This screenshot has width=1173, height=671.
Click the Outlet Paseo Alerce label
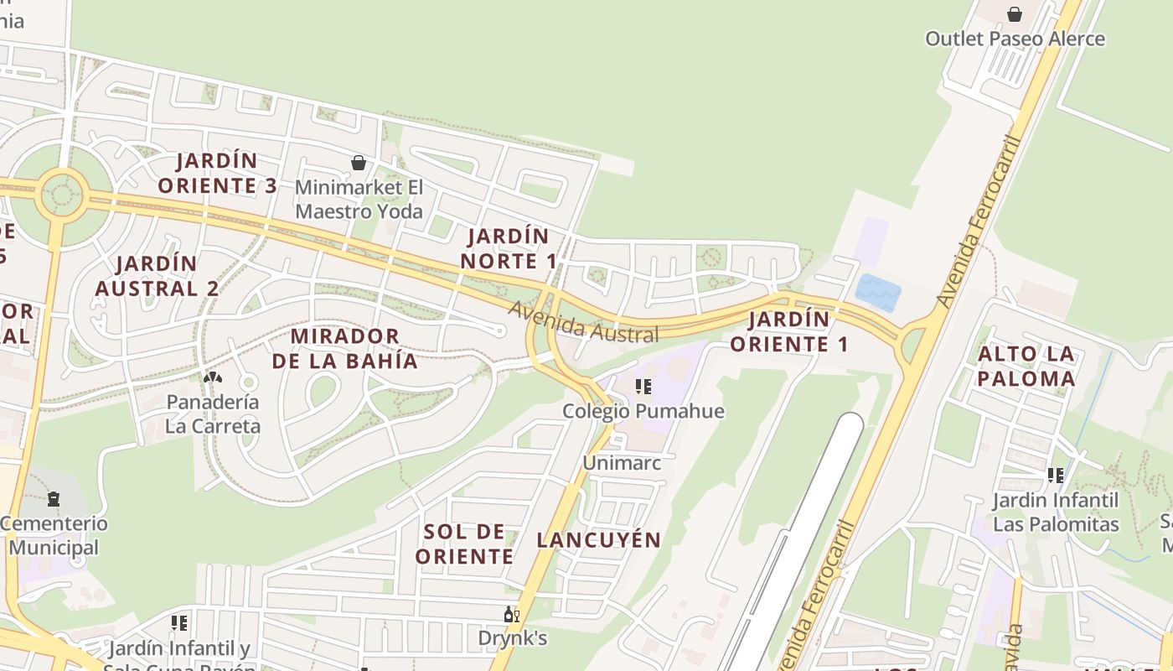tap(1015, 39)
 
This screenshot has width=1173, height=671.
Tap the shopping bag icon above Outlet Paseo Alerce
tap(1015, 14)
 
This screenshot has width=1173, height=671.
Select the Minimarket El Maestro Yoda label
tap(359, 200)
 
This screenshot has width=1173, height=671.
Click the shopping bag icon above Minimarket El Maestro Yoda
tap(359, 163)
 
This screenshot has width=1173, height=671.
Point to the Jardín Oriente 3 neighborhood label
tap(217, 173)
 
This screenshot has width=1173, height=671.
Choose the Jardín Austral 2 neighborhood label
tap(157, 276)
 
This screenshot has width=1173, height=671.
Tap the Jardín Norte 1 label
tap(509, 248)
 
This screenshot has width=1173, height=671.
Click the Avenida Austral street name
tap(583, 323)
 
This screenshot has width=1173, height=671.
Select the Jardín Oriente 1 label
tap(788, 331)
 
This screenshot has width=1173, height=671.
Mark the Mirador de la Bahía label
tap(344, 348)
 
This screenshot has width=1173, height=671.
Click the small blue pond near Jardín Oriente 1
tap(877, 293)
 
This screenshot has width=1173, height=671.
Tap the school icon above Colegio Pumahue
tap(643, 387)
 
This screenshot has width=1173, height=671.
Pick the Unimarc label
tap(622, 463)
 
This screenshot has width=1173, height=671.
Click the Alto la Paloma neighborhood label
tap(1026, 366)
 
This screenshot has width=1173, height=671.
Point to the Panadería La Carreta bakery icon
tap(213, 377)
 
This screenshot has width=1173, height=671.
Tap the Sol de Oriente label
tap(463, 544)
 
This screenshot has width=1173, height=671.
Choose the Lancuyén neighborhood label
tap(599, 540)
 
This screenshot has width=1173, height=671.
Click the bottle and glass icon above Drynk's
tap(512, 615)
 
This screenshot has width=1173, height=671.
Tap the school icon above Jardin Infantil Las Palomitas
tap(1056, 476)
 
